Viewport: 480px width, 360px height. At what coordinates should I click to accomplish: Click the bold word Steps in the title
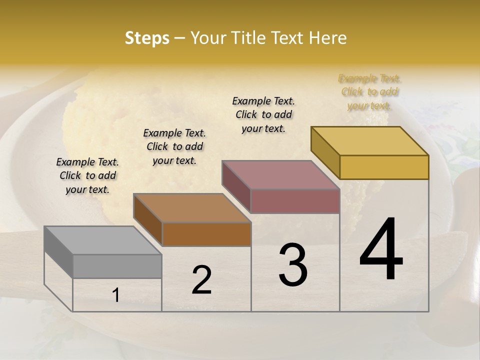pos(147,38)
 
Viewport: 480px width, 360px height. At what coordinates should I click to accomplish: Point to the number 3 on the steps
pos(293,265)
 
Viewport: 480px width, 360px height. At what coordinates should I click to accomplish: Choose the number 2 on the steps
pos(201,280)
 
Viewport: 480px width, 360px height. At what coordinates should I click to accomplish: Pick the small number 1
pos(115,295)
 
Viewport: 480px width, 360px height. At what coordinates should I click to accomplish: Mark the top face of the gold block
pos(370,140)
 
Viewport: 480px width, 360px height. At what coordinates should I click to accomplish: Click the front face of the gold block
pos(384,167)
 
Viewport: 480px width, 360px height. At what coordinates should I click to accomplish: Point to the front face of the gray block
pos(117,266)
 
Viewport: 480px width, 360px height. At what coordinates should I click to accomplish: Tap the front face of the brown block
pos(206,234)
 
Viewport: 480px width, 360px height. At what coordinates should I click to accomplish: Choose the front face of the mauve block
pos(295,201)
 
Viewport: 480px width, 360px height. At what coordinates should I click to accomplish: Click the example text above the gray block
pos(87,175)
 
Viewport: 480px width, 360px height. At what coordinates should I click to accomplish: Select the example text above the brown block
pos(174,146)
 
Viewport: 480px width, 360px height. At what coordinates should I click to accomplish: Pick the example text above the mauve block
pos(263,114)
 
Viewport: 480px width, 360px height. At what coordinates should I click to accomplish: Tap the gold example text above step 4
pos(369,92)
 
